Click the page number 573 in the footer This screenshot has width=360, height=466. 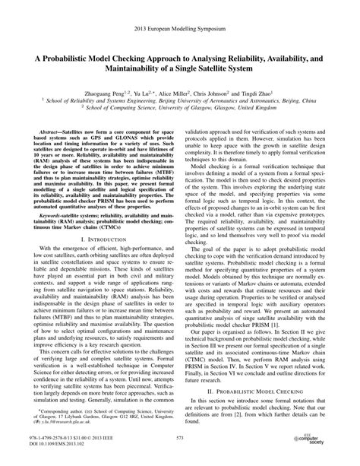pos(180,438)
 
